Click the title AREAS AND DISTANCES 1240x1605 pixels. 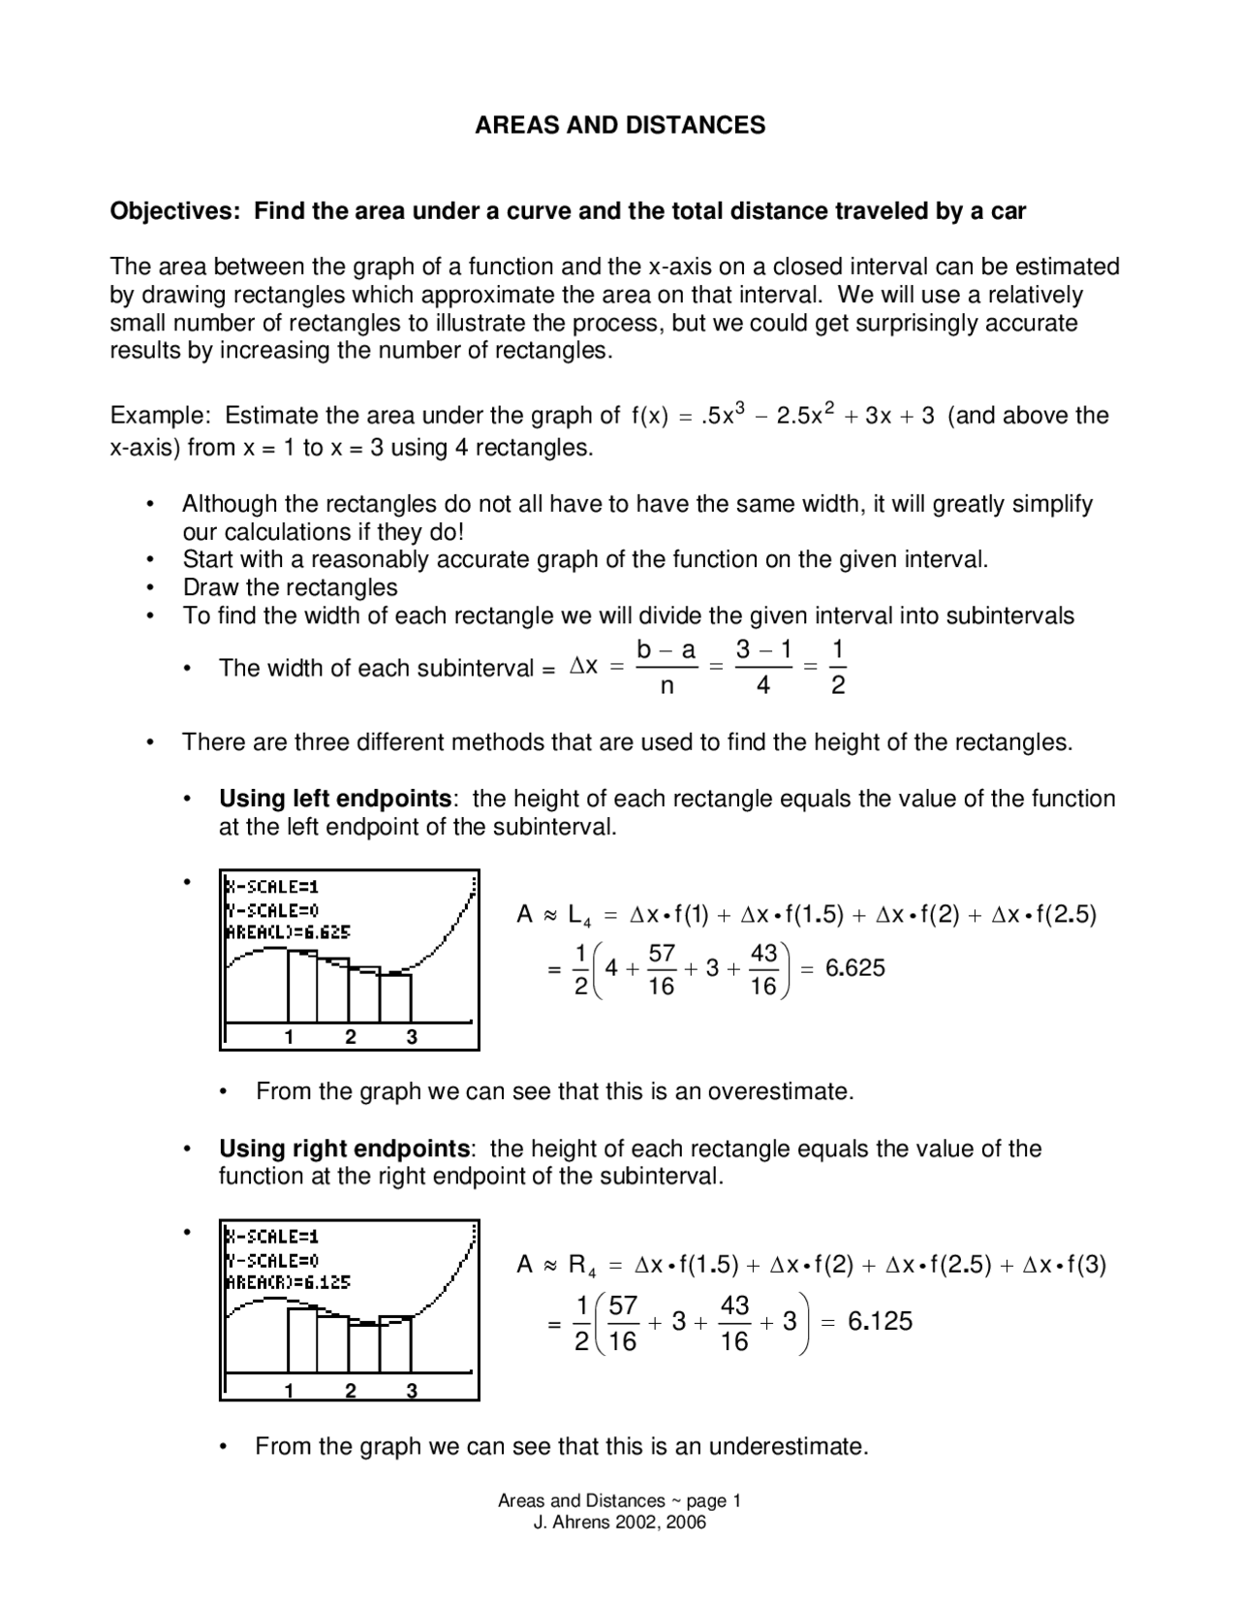click(620, 125)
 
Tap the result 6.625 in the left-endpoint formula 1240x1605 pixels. click(854, 968)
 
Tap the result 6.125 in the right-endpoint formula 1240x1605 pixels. click(880, 1322)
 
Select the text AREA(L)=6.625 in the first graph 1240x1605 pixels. click(288, 932)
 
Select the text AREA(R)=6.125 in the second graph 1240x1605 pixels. click(288, 1282)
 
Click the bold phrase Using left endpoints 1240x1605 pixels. click(335, 799)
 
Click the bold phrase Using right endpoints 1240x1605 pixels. click(344, 1149)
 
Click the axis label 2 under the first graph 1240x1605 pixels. click(351, 1037)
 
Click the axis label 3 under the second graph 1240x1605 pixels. click(412, 1391)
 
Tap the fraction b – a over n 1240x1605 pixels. click(666, 668)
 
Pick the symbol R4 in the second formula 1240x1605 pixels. click(581, 1266)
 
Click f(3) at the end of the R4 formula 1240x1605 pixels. click(1085, 1265)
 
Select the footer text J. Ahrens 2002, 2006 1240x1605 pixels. click(620, 1523)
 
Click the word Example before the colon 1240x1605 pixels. click(158, 416)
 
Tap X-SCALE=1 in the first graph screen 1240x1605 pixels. click(272, 886)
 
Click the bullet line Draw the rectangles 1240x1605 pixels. click(290, 587)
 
